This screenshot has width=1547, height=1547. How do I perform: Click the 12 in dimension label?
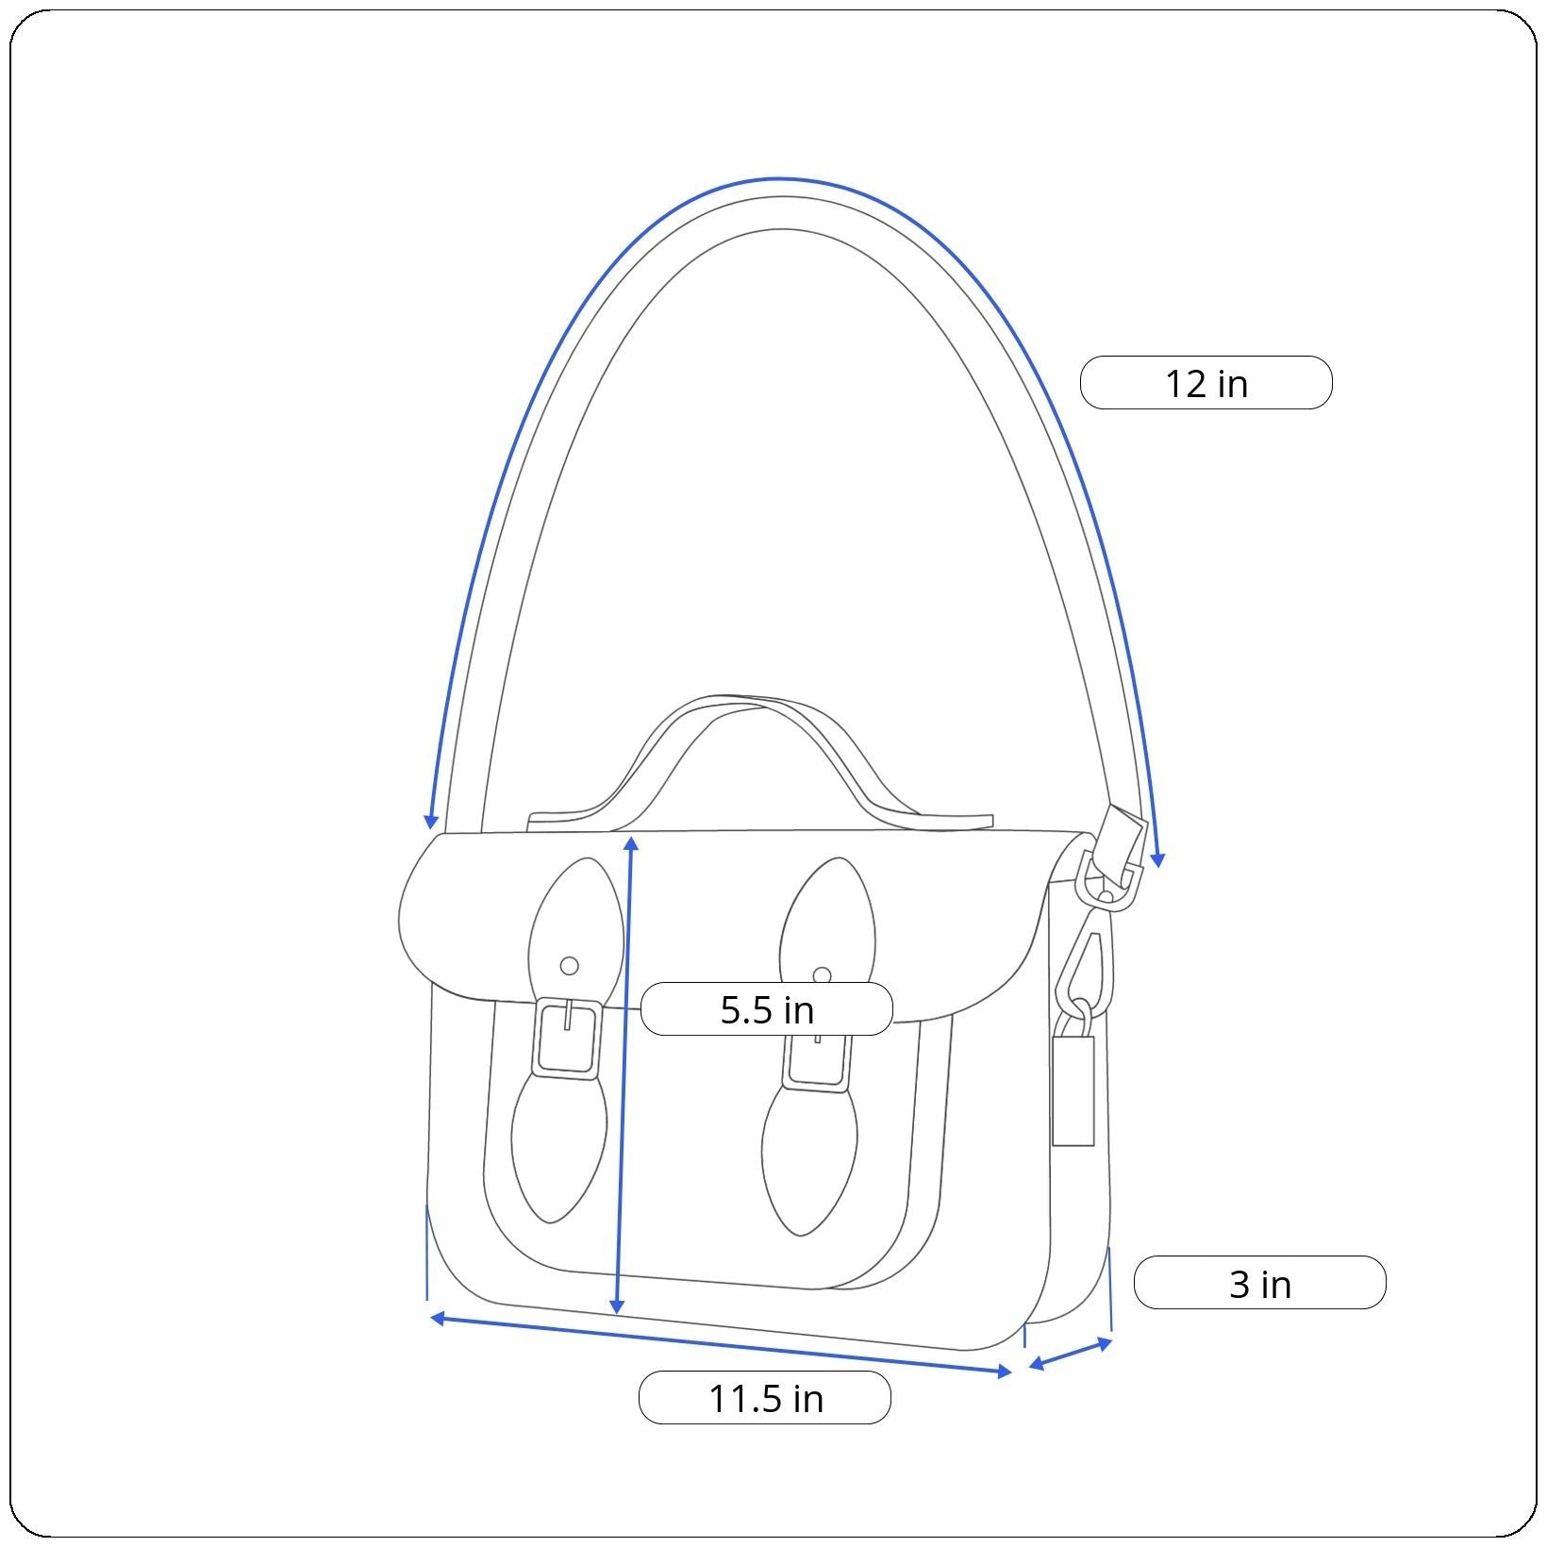1206,383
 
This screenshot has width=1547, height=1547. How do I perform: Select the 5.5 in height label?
766,1009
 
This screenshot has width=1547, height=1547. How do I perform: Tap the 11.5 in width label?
765,1398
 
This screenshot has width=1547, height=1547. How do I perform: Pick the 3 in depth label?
1260,1283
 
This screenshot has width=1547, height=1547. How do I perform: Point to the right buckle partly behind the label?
818,1061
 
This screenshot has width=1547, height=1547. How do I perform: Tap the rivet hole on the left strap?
569,966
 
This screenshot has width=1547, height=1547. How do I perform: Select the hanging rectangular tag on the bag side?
1073,1090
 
